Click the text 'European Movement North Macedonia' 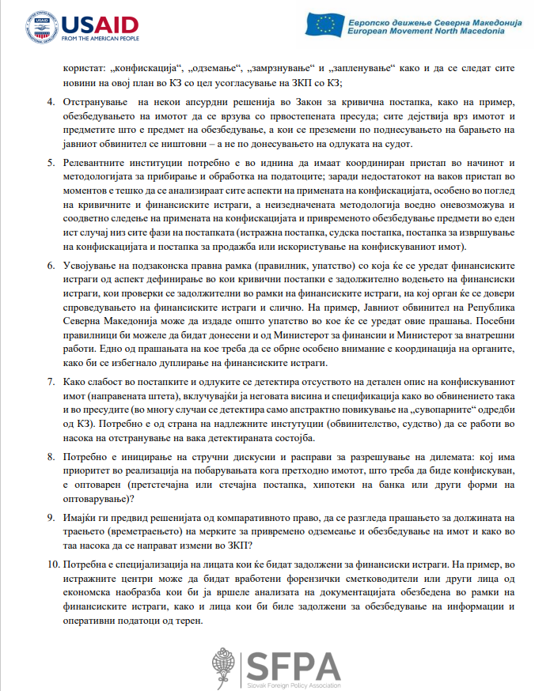434,32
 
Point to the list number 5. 51,161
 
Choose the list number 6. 51,262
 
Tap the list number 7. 51,381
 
